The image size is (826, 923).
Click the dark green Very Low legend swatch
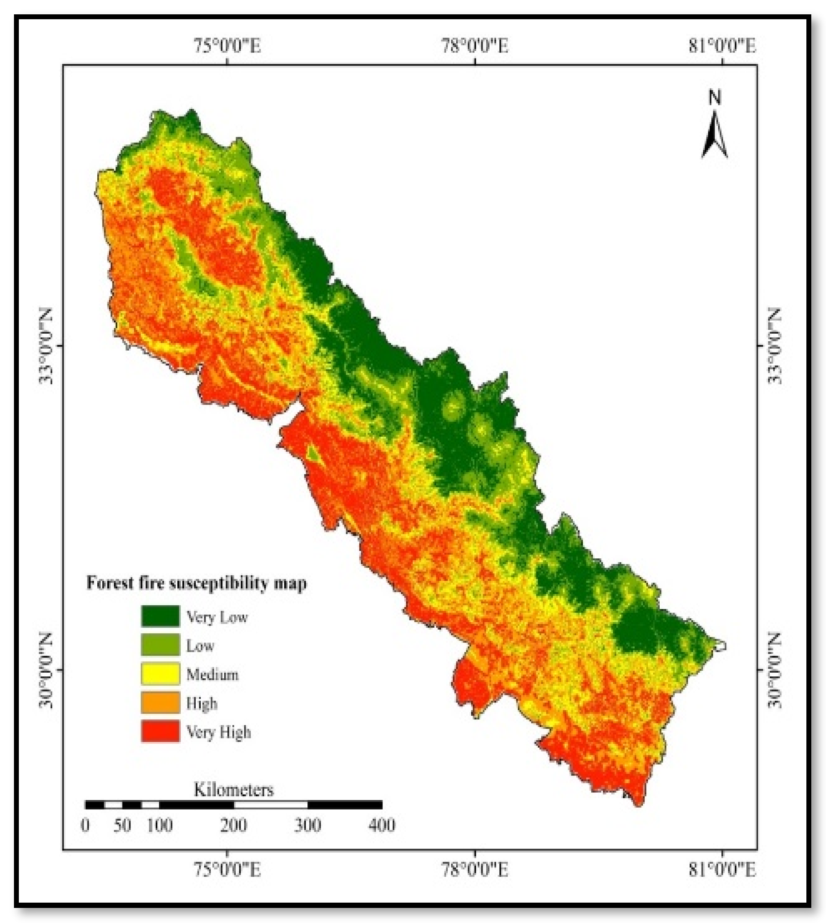click(160, 616)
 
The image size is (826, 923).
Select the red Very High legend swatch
click(160, 731)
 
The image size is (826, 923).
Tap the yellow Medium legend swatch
click(160, 674)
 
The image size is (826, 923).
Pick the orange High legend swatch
click(160, 703)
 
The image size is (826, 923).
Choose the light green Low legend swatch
click(160, 645)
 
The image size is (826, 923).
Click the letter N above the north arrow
click(715, 98)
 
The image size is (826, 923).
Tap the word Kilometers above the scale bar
click(234, 790)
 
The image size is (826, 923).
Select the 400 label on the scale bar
click(382, 825)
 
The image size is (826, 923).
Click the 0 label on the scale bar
click(85, 825)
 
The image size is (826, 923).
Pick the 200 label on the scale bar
click(234, 825)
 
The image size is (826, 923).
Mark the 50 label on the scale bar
click(122, 825)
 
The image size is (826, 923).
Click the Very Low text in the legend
click(217, 617)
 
